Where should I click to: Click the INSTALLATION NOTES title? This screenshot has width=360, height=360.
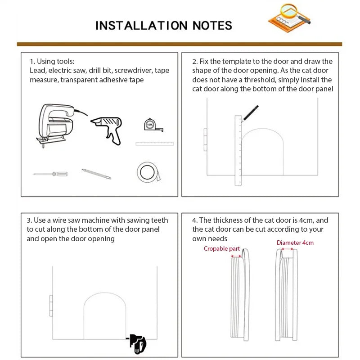point(164,25)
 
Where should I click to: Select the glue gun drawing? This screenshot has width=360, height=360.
point(107,128)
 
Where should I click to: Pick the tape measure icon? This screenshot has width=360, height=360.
point(150,125)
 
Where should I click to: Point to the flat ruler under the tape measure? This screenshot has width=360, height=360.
point(154,144)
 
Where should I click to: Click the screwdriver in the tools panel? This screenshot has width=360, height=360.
point(50,174)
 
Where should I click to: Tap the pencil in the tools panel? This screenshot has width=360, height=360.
point(96,174)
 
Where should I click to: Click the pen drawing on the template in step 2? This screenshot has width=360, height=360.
point(250,113)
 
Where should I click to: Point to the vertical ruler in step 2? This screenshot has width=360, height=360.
point(238,151)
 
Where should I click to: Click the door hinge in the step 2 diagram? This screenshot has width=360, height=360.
point(205,139)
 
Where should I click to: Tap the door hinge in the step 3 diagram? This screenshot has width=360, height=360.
point(51,306)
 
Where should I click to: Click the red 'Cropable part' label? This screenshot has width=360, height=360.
point(221,248)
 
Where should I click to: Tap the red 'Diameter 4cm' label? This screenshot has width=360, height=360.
point(295,243)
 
